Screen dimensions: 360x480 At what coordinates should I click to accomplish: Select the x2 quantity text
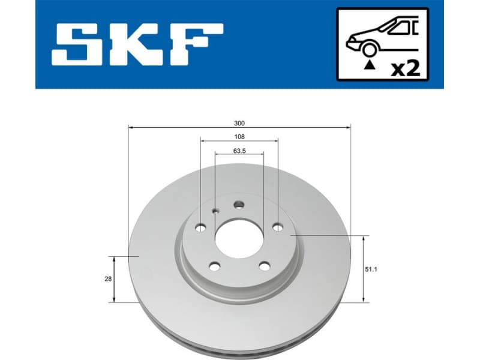coord(405,67)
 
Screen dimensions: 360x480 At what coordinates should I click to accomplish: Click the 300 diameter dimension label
coord(239,122)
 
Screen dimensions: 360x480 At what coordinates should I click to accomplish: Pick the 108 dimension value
coord(239,137)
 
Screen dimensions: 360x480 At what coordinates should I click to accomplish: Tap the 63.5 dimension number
coord(239,151)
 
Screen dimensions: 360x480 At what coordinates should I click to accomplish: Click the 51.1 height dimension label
coord(377,269)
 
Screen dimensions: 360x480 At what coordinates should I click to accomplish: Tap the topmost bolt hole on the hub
coord(239,205)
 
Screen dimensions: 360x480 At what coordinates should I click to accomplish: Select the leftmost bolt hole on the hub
coord(201,227)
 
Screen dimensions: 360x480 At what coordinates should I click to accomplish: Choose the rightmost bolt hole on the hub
coord(277,227)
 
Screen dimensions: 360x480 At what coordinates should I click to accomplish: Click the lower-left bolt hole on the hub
coord(215,266)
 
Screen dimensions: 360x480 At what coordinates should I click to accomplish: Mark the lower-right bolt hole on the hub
coord(264,266)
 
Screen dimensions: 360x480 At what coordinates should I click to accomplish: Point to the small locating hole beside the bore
coord(216,211)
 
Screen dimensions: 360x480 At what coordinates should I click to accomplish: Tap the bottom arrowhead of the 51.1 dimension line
coord(364,299)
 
